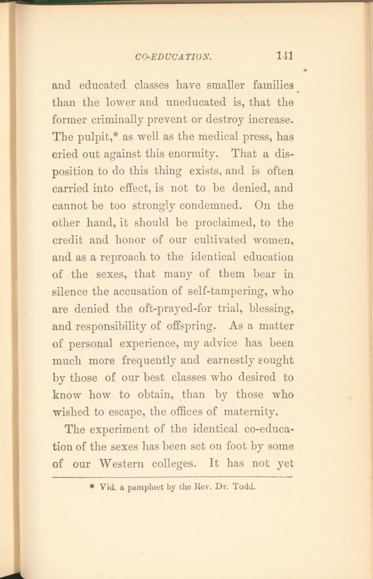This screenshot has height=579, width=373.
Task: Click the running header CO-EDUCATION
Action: tap(173, 57)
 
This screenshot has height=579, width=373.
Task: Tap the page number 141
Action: tap(285, 56)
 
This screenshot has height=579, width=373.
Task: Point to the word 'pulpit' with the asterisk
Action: tap(98, 137)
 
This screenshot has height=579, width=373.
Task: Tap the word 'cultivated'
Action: tap(220, 240)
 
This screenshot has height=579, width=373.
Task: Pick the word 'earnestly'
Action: tap(230, 361)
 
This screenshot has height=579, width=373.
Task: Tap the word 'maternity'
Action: tap(251, 412)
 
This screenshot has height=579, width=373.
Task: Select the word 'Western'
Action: tap(121, 463)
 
